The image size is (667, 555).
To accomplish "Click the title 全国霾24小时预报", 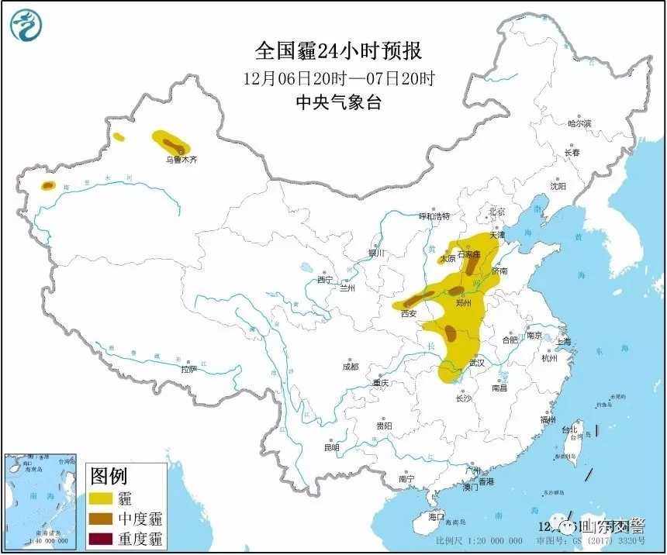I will (339, 51).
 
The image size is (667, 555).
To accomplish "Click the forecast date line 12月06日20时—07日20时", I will (339, 78).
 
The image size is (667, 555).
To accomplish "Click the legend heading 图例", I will (109, 475).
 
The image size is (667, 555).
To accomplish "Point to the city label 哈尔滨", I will (579, 123).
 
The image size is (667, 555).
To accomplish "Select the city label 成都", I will (350, 367).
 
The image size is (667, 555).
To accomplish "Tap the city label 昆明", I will (332, 447).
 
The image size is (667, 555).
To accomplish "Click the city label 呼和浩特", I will (434, 215).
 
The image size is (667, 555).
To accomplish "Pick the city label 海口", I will (436, 516).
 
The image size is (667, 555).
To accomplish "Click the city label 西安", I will (409, 314).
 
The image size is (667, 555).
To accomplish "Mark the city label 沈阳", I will (558, 186).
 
